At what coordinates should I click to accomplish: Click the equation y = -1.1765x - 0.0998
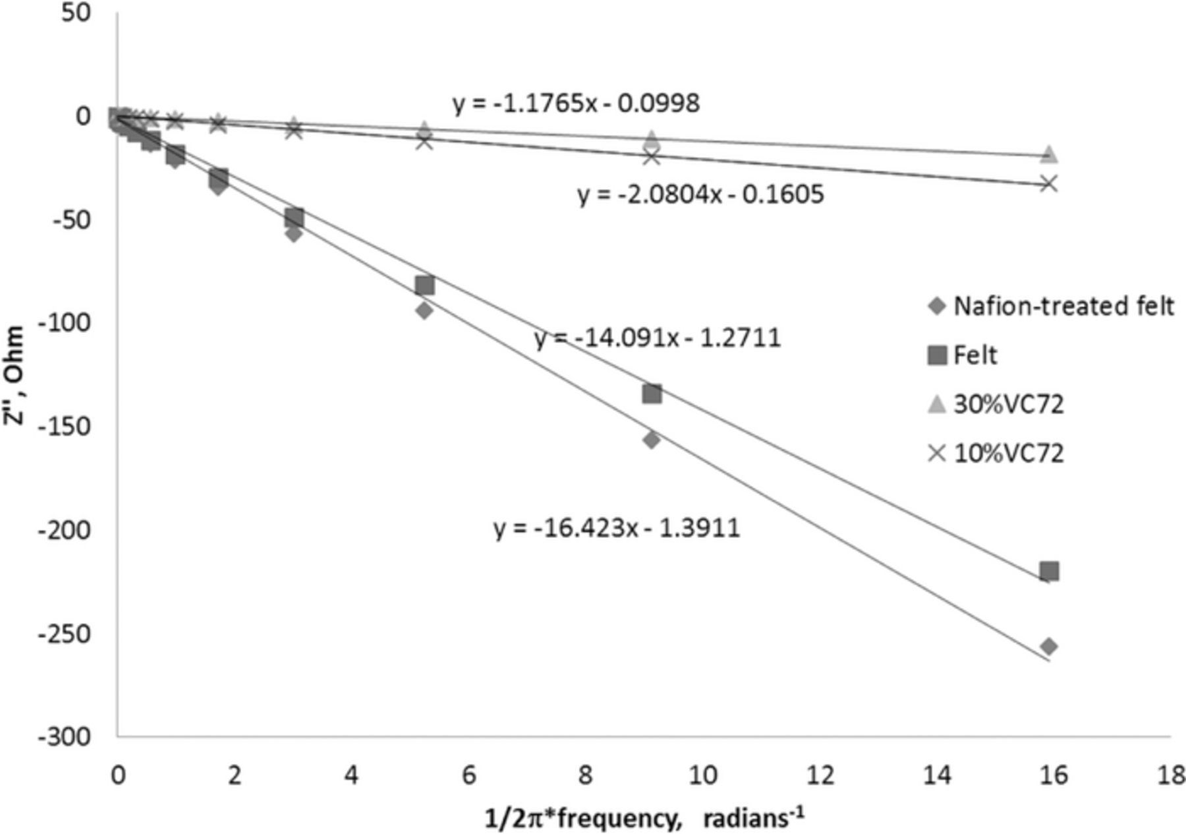[x=576, y=104]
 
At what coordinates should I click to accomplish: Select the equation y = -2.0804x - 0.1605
[x=700, y=194]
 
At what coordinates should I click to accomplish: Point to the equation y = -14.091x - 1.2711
[x=658, y=338]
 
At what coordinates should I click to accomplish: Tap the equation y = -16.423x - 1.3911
[x=617, y=528]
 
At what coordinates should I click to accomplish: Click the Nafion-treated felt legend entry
[x=1051, y=306]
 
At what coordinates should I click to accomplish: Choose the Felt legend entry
[x=962, y=355]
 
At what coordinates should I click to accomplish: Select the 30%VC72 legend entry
[x=996, y=404]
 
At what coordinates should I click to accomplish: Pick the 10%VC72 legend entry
[x=996, y=454]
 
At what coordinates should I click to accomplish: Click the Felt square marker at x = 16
[x=1049, y=571]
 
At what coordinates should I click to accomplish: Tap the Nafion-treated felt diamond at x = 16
[x=1049, y=647]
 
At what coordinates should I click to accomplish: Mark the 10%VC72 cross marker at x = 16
[x=1049, y=183]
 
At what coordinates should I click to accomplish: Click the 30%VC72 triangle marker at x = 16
[x=1049, y=154]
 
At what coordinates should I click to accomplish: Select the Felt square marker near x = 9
[x=652, y=394]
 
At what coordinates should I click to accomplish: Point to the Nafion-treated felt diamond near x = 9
[x=652, y=440]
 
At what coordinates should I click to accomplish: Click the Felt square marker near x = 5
[x=425, y=285]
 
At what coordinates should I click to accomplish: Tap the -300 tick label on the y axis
[x=64, y=736]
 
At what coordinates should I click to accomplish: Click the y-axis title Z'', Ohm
[x=14, y=376]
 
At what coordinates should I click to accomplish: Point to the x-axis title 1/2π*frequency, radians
[x=644, y=818]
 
